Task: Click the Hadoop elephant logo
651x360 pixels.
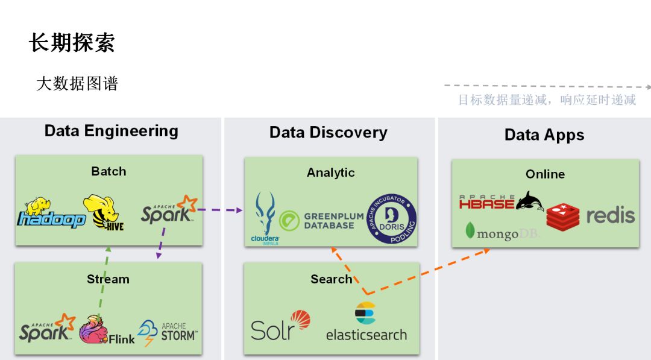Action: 51,213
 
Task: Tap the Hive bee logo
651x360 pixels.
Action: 103,212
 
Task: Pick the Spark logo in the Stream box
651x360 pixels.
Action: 47,328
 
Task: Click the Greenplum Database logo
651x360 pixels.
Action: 321,221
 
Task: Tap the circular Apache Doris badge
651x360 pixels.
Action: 391,219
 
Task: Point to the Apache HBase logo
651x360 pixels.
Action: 501,201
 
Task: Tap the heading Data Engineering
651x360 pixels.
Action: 112,131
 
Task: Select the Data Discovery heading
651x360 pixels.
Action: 329,133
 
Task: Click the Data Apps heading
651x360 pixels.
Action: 544,135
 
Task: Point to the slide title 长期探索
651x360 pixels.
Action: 72,43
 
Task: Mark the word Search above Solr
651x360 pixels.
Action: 331,279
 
